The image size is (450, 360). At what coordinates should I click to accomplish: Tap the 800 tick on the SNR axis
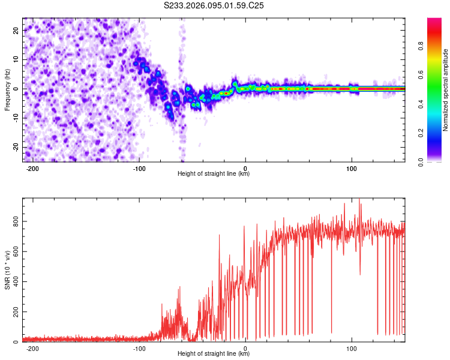pyautogui.click(x=15, y=221)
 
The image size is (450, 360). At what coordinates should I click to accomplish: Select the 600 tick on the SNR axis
pyautogui.click(x=15, y=251)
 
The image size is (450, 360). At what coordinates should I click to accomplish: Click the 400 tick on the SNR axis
pyautogui.click(x=15, y=281)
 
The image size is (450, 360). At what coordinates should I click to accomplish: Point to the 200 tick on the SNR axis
pyautogui.click(x=15, y=312)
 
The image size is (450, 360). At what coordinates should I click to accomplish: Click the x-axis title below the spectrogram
pyautogui.click(x=214, y=174)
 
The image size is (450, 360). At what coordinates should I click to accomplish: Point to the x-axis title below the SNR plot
pyautogui.click(x=214, y=354)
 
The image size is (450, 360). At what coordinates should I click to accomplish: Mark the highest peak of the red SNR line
pyautogui.click(x=359, y=199)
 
